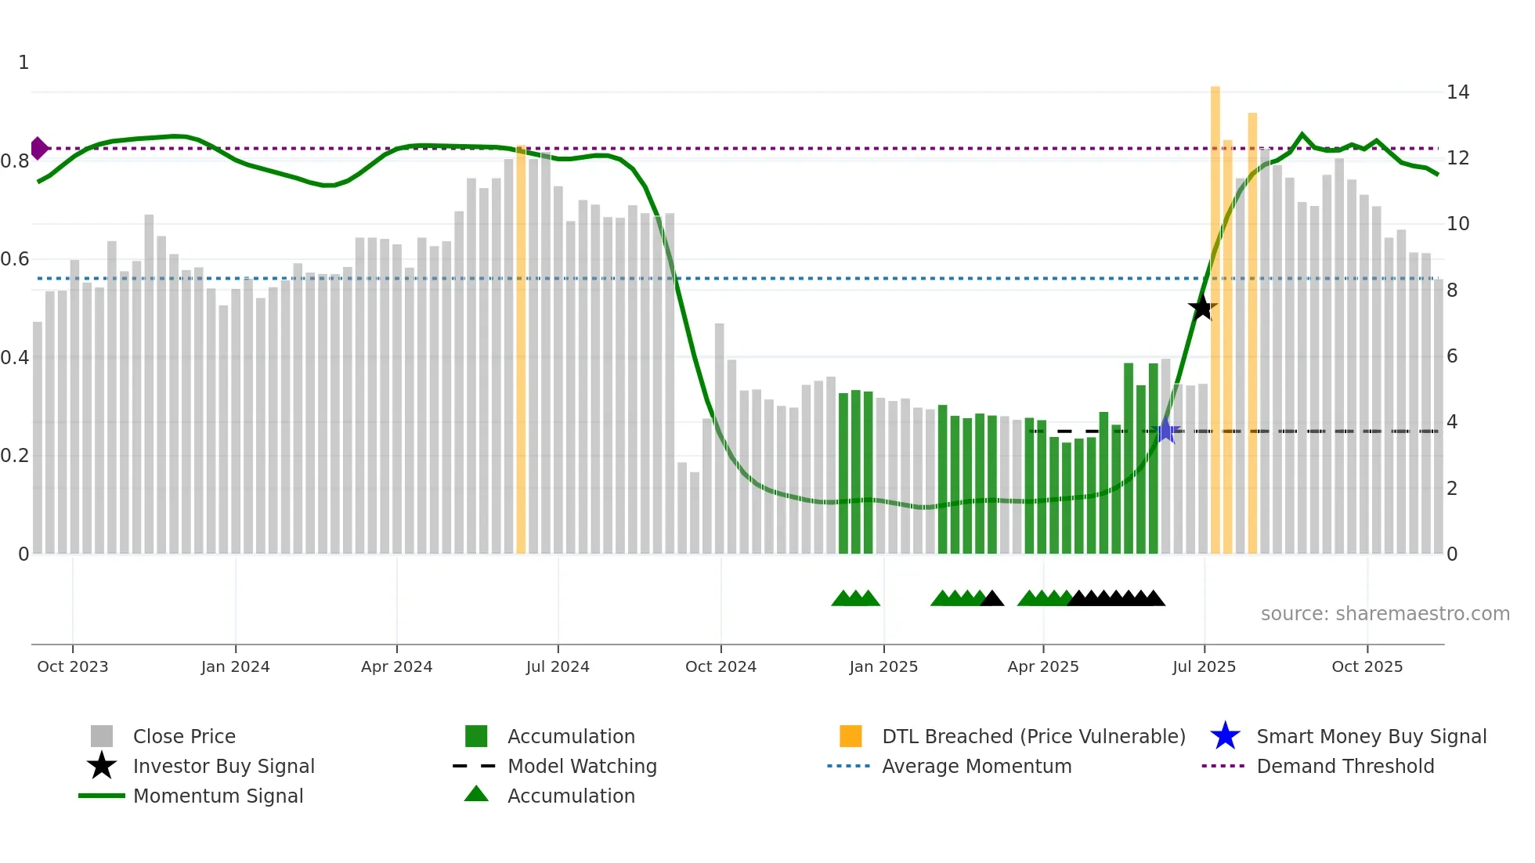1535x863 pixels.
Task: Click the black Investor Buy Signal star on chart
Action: point(1202,308)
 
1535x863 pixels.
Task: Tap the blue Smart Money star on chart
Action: point(1165,431)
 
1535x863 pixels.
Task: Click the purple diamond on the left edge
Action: point(38,148)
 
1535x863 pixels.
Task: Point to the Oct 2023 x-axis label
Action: point(73,666)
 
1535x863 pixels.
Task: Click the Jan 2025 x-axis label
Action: point(883,666)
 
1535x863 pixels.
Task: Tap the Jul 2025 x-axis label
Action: point(1204,666)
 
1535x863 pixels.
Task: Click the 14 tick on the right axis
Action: point(1457,92)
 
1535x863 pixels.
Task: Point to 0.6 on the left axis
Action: point(16,259)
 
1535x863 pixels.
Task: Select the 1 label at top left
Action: point(23,63)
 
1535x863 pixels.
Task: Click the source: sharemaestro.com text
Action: point(1385,614)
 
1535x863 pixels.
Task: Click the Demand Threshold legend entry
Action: point(1345,766)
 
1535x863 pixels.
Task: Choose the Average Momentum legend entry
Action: point(976,766)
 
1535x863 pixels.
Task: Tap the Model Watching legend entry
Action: point(581,766)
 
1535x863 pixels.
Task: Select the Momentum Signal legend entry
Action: point(218,796)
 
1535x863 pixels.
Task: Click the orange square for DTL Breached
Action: point(851,736)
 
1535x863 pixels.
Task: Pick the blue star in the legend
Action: point(1225,736)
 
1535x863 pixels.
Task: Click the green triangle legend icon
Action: point(476,795)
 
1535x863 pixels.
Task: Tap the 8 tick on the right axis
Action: point(1452,291)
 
